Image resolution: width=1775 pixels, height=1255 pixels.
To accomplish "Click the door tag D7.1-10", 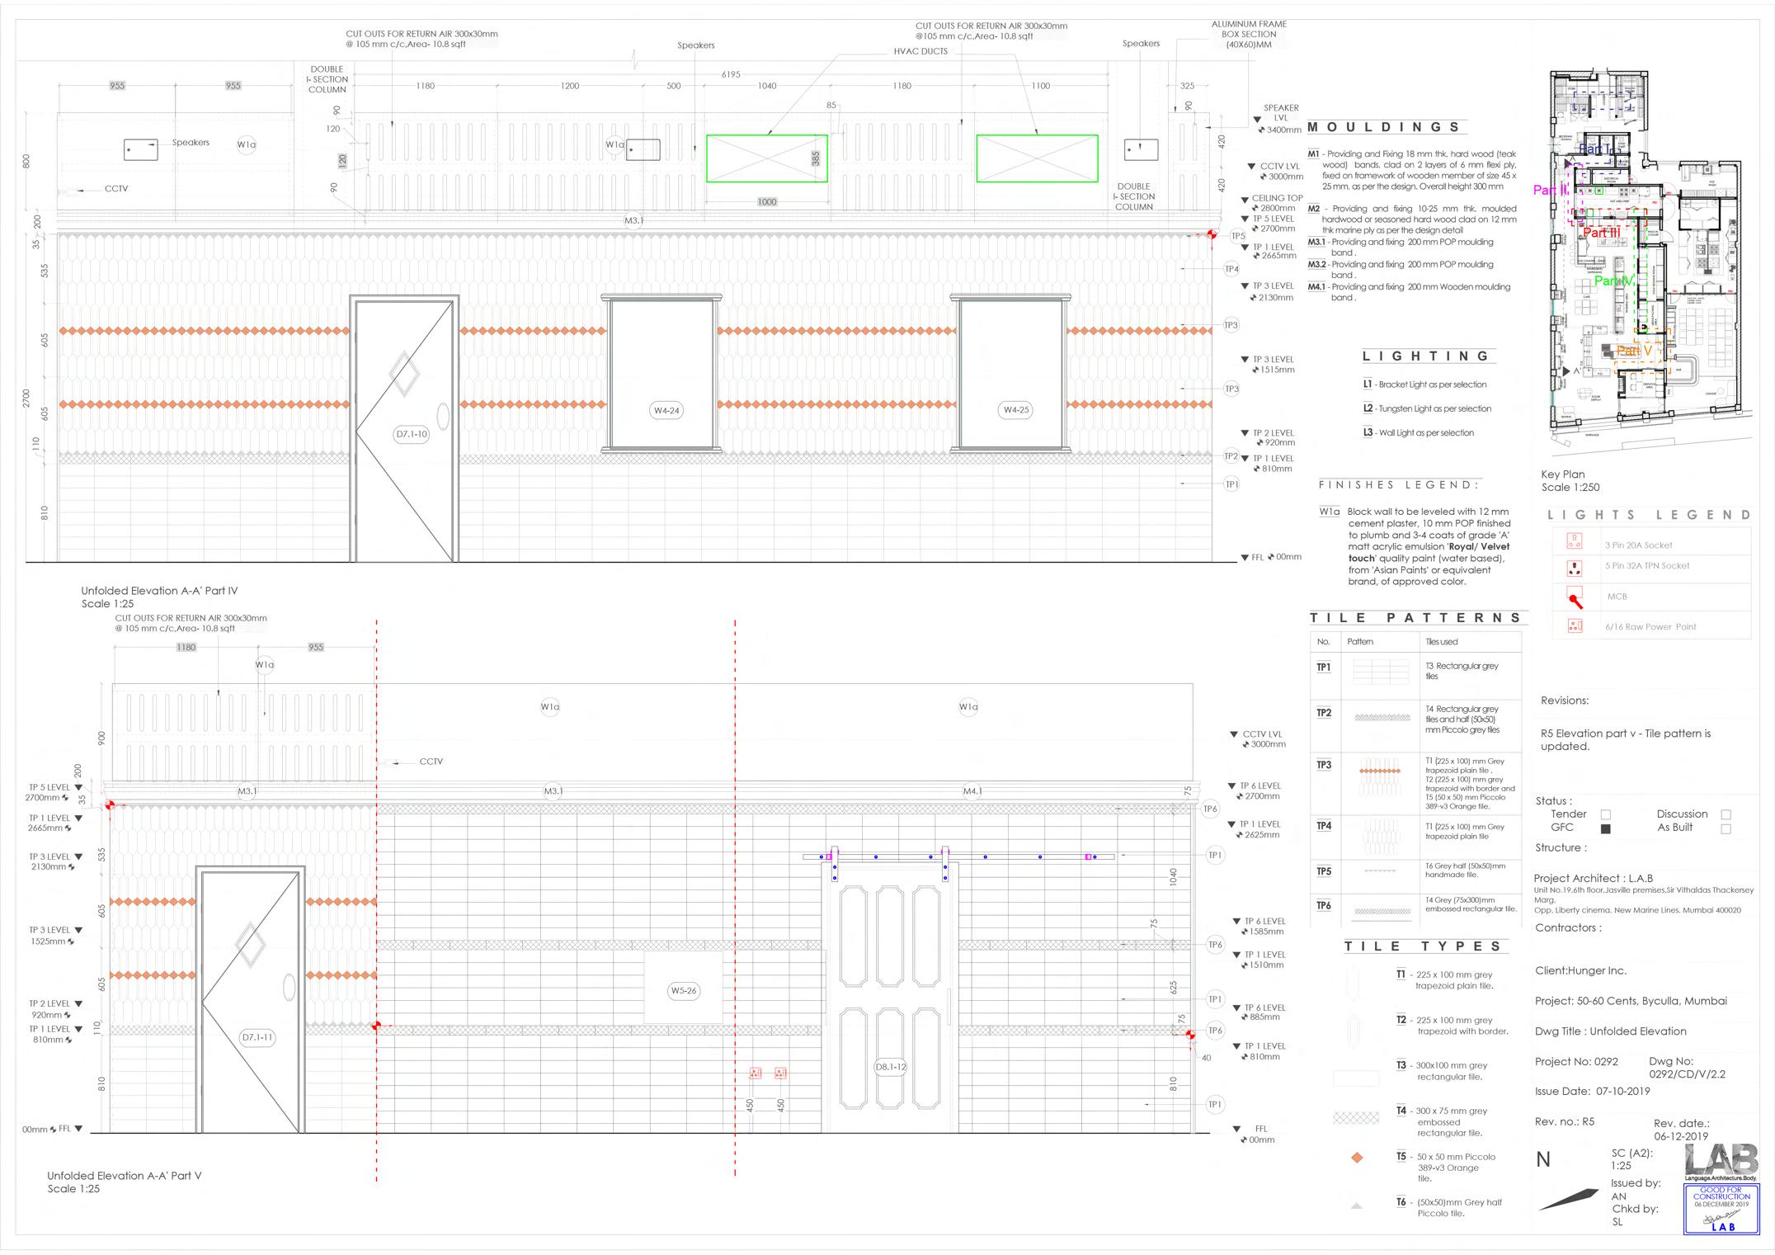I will pos(412,434).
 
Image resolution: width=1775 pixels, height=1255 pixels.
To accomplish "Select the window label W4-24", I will pos(666,410).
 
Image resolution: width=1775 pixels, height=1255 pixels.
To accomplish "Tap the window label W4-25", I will pos(1016,410).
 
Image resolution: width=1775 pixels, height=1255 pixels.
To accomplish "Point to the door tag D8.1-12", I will pos(891,1067).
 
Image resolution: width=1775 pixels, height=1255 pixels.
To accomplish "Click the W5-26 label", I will pos(684,991).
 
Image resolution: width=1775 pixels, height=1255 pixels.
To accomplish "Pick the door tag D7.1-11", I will pos(257,1037).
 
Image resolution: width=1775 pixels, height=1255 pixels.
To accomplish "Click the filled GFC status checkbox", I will pos(1605,828).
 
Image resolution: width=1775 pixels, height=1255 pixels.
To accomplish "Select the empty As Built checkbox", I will pos(1726,828).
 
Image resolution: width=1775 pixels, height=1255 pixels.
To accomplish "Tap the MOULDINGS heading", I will pos(1384,127).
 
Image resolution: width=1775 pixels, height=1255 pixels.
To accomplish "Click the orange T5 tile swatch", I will pos(1357,1158).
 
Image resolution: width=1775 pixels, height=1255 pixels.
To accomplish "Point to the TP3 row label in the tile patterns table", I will pos(1324,765).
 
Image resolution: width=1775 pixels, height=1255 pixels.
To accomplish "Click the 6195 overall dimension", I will pos(731,74).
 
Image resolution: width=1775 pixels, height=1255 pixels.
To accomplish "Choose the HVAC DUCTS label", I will pos(920,51).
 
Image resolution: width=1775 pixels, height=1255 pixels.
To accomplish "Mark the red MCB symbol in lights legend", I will pos(1575,598).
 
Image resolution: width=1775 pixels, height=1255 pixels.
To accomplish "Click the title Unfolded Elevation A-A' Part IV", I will pos(159,591).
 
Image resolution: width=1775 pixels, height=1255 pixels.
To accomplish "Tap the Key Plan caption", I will pos(1563,474).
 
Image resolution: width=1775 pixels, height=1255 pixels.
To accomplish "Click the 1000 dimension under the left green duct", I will pos(767,202).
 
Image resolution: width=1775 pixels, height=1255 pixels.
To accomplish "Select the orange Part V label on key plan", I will pos(1634,351).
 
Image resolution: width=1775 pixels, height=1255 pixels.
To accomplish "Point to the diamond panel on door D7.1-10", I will pos(403,373).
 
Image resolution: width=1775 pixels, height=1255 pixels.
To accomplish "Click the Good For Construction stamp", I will pos(1721,1209).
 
